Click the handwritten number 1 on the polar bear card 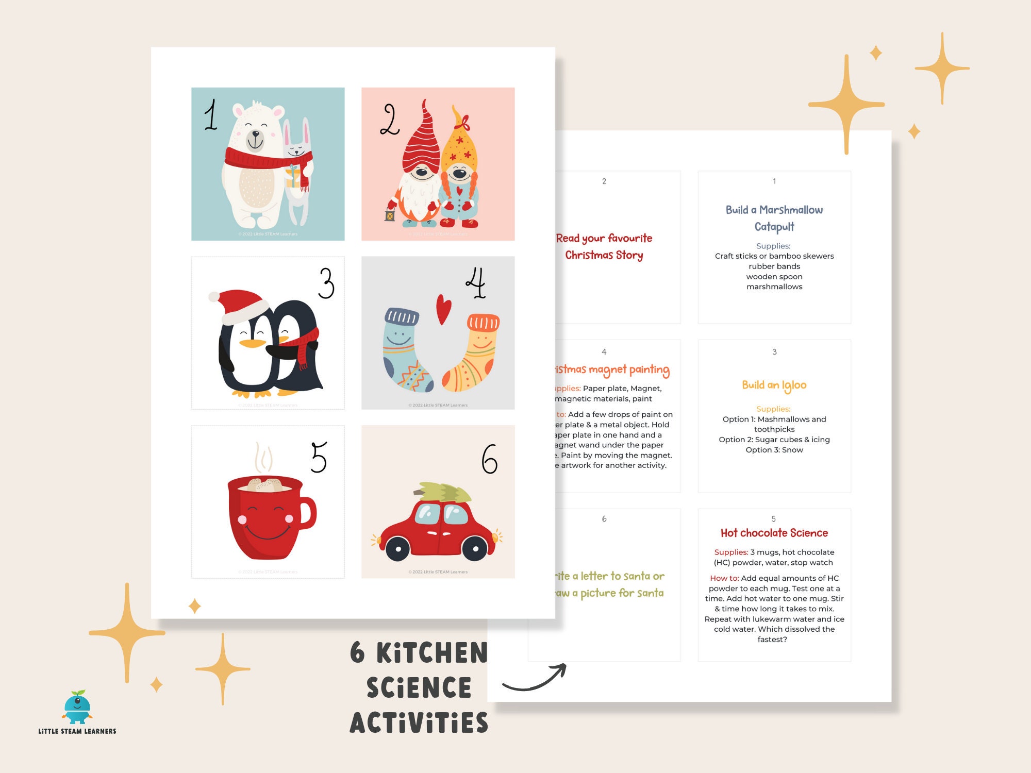(210, 115)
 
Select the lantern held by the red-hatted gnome (390, 212)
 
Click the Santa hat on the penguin (238, 305)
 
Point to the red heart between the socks (443, 308)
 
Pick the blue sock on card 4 (405, 350)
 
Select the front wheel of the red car (475, 548)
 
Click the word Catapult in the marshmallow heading (774, 227)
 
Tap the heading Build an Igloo (774, 385)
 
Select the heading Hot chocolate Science (774, 533)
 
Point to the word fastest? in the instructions (772, 640)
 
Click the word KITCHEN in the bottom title (432, 653)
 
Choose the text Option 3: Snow (774, 450)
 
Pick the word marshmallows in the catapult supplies (774, 287)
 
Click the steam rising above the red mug (263, 457)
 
